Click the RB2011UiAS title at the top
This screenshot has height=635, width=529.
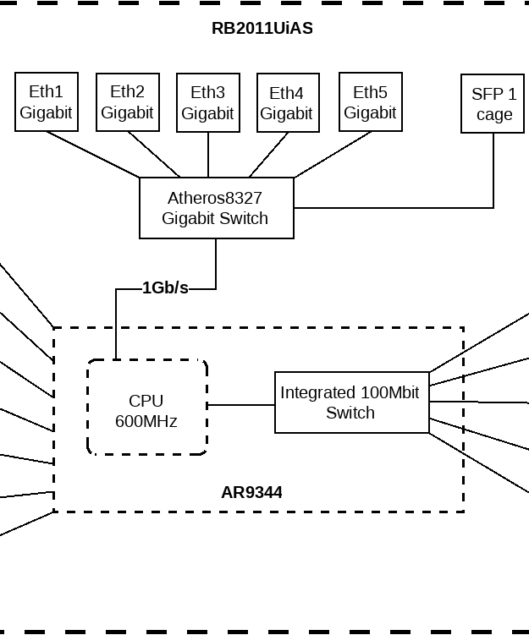262,28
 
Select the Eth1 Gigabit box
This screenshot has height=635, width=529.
47,102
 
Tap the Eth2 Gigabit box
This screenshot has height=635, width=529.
128,102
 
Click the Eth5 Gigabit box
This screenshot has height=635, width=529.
370,102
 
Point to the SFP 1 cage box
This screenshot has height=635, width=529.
493,104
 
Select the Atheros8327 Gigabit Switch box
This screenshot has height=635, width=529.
217,208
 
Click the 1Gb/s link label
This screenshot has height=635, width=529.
165,288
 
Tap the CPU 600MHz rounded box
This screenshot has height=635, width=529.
146,408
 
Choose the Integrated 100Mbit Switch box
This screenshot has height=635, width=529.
351,403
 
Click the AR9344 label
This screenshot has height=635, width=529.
251,492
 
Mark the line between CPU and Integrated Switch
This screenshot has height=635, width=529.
241,405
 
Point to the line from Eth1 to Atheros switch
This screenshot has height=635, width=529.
93,155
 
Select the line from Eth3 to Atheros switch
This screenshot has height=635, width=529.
208,155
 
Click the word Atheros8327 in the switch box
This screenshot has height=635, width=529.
215,198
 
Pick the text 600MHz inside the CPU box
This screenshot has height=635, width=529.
146,420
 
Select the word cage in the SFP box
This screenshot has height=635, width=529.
493,115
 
